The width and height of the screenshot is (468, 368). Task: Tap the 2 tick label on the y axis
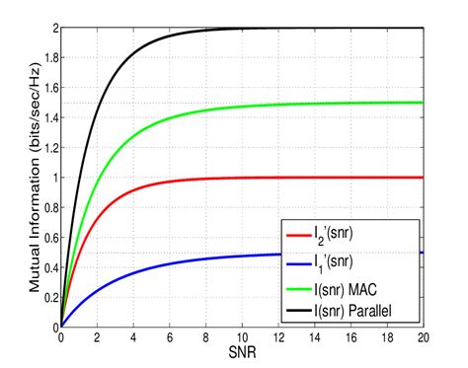[53, 28]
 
